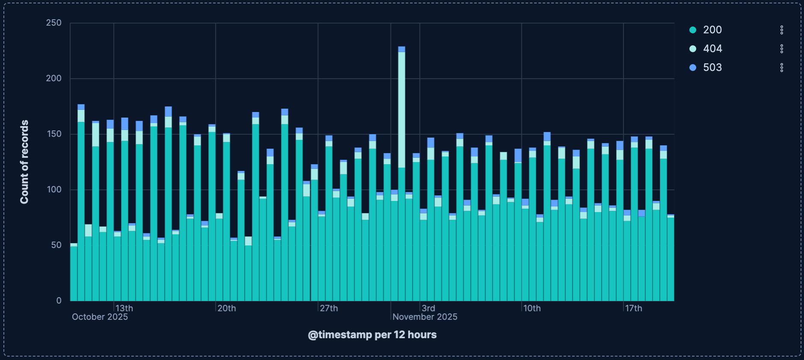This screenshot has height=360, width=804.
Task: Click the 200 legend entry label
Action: tap(712, 30)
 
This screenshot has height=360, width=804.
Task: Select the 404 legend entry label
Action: tap(712, 49)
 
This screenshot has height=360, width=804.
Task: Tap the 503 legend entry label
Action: tap(712, 68)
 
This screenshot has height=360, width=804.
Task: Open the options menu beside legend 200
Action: tap(781, 30)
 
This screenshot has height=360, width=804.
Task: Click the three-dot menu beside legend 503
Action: tap(781, 68)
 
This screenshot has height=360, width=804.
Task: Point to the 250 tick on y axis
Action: tap(54, 23)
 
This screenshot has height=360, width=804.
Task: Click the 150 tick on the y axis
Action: tap(54, 134)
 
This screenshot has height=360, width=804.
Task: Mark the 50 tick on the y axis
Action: tap(56, 245)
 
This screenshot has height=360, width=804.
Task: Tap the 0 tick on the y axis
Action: tap(59, 301)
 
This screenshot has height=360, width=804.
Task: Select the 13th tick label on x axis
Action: tap(124, 308)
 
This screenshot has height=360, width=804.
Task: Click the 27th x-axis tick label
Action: tap(329, 308)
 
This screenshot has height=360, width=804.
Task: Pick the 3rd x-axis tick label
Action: tap(428, 308)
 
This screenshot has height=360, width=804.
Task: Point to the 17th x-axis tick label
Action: tap(633, 308)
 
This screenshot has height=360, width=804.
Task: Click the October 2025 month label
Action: tap(100, 317)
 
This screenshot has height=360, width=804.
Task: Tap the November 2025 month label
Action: tap(425, 317)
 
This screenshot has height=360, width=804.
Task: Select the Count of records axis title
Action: tap(24, 162)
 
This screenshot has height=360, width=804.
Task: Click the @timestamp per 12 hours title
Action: tap(372, 335)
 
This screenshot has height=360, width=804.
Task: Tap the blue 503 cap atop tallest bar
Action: tap(402, 49)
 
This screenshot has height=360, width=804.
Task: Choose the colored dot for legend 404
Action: tap(693, 49)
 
